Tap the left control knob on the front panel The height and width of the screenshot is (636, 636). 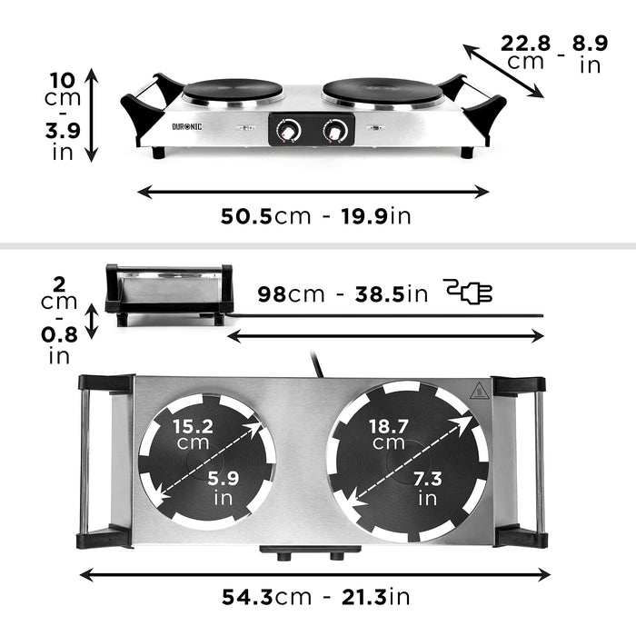click(x=288, y=132)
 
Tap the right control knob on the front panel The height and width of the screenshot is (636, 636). click(x=336, y=132)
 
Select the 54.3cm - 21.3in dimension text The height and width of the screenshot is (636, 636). click(x=315, y=597)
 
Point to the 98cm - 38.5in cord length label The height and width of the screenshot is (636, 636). click(x=342, y=293)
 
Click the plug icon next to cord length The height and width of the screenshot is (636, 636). click(x=470, y=292)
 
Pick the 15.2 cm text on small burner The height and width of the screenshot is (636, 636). click(x=193, y=433)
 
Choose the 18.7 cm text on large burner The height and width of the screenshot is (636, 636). click(x=388, y=433)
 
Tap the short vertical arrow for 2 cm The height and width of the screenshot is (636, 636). click(x=91, y=321)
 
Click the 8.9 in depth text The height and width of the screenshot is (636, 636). click(x=591, y=52)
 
